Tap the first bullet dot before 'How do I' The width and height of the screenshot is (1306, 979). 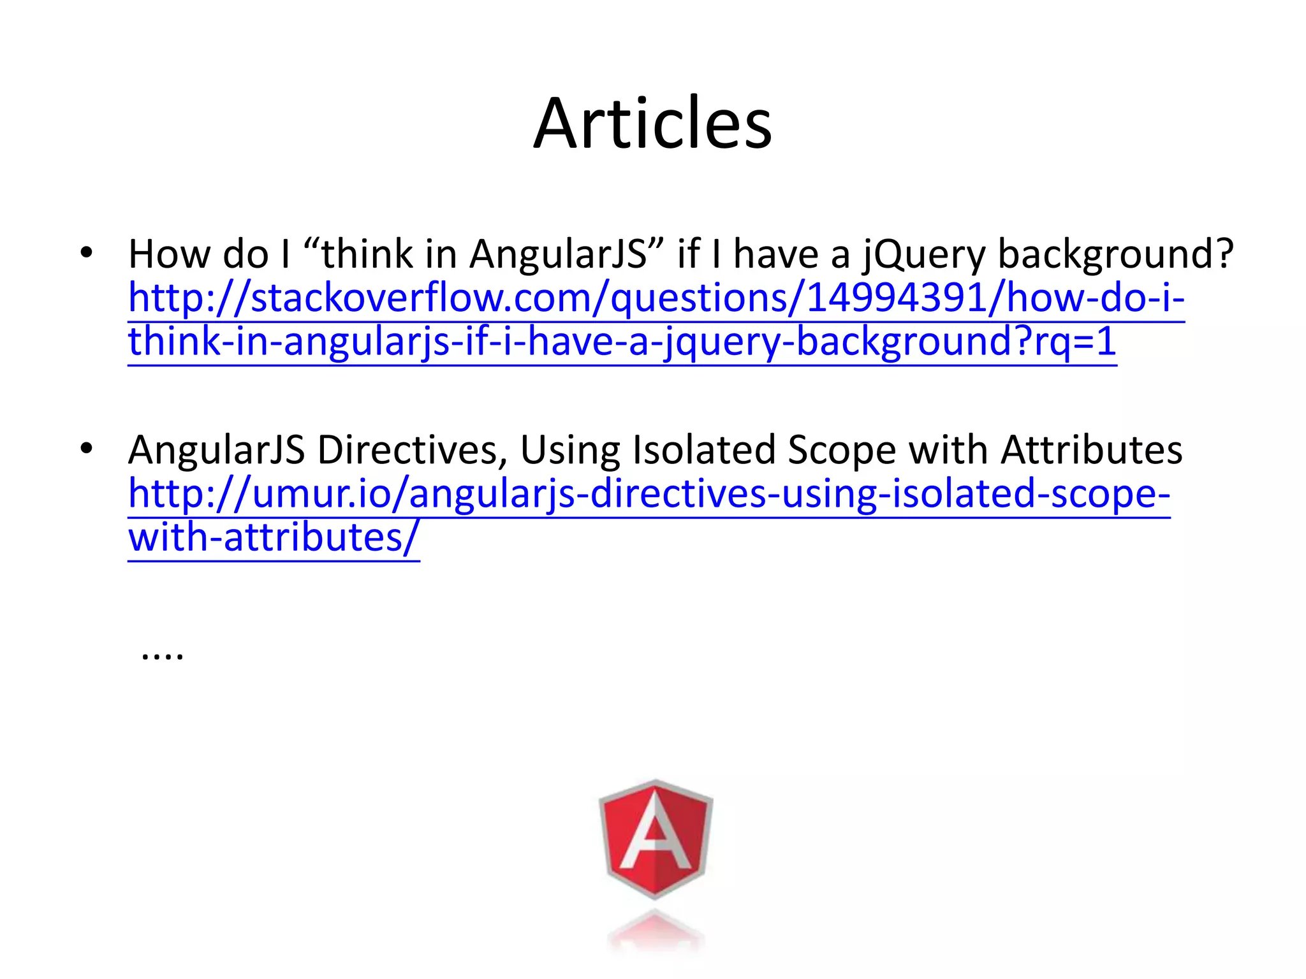click(87, 253)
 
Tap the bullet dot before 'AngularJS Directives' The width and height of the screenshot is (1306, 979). click(87, 449)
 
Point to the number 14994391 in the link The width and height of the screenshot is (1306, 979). click(897, 298)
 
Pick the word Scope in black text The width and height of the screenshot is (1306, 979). click(842, 451)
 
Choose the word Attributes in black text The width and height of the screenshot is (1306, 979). click(1091, 450)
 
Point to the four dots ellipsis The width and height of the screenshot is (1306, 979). click(163, 655)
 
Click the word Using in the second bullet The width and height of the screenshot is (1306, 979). click(570, 451)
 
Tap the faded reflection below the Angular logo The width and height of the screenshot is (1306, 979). click(656, 934)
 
